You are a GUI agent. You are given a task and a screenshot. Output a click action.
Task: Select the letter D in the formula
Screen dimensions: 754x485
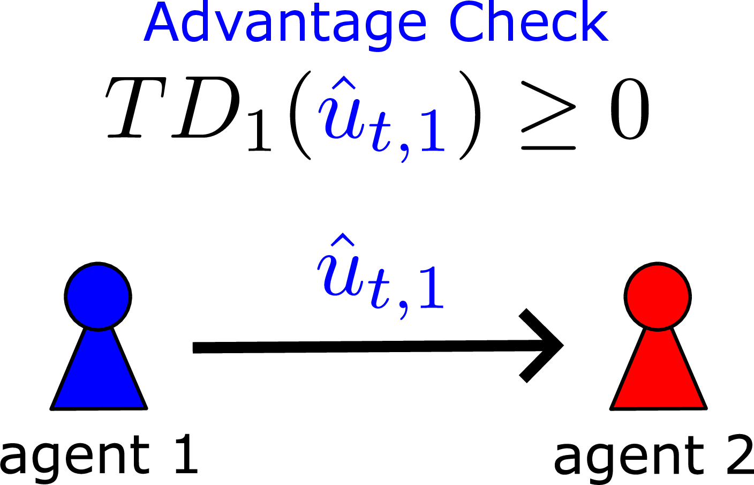click(x=206, y=107)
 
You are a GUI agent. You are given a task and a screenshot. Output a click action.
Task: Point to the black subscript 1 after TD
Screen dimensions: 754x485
click(x=260, y=132)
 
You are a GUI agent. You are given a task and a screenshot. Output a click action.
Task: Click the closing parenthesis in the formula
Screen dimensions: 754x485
click(x=470, y=115)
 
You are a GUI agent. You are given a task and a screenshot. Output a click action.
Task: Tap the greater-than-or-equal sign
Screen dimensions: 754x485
click(x=548, y=115)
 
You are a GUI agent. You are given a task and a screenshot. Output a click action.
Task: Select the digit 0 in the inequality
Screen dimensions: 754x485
click(x=629, y=108)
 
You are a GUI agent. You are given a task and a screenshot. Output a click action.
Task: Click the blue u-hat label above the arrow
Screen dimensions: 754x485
click(x=380, y=276)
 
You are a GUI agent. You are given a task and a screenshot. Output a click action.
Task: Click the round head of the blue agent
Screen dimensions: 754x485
click(x=98, y=296)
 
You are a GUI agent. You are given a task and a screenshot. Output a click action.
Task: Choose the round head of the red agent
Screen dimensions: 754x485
click(x=658, y=296)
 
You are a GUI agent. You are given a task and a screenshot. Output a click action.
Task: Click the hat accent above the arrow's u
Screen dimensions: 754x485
click(x=343, y=240)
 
